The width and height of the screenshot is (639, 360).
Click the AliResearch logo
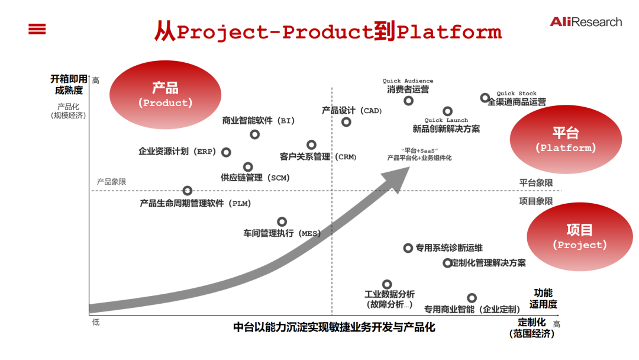point(586,22)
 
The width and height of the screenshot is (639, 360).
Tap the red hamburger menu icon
point(37,28)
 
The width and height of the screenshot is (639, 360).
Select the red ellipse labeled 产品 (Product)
point(166,95)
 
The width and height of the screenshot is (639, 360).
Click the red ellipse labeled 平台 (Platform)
point(566,140)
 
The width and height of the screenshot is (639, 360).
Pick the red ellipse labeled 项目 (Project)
point(579,236)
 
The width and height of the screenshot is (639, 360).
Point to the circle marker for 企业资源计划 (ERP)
point(226,152)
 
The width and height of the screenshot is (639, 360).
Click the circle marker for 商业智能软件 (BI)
point(255,134)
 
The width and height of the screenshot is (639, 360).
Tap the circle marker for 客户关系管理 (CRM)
point(311,144)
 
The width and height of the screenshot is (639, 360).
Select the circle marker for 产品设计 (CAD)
point(346,122)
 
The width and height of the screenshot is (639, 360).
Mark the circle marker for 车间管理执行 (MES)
point(282,221)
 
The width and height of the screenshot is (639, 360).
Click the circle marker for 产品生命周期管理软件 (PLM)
point(188,190)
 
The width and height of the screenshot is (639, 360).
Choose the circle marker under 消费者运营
point(408,101)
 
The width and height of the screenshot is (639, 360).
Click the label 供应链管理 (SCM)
point(255,177)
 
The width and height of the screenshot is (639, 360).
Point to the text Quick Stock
point(517,93)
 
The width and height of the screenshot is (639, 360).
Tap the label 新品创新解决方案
point(446,128)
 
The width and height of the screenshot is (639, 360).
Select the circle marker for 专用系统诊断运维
point(408,248)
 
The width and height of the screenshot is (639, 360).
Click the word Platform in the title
point(449,31)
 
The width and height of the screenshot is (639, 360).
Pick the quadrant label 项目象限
point(536,201)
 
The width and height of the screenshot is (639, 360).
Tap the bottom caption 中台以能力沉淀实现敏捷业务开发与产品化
point(334,327)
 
